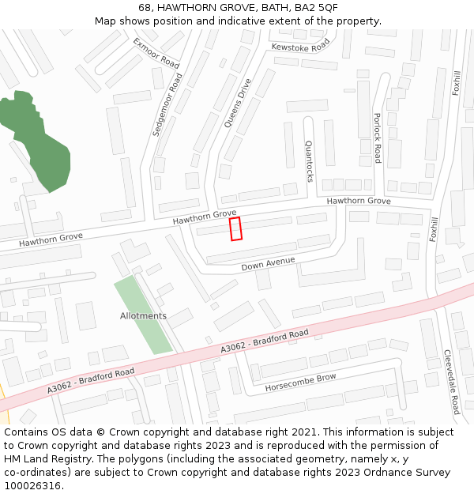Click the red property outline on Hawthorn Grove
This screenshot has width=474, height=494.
(235, 228)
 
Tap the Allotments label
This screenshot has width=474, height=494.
(143, 315)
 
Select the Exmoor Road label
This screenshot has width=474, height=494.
(156, 52)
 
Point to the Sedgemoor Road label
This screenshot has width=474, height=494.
(167, 106)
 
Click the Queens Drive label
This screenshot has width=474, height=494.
(237, 103)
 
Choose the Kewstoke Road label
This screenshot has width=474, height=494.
(299, 47)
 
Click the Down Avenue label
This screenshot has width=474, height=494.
(268, 263)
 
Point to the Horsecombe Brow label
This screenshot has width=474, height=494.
(300, 379)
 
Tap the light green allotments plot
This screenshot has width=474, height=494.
(143, 314)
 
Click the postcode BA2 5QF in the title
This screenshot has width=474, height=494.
(316, 7)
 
